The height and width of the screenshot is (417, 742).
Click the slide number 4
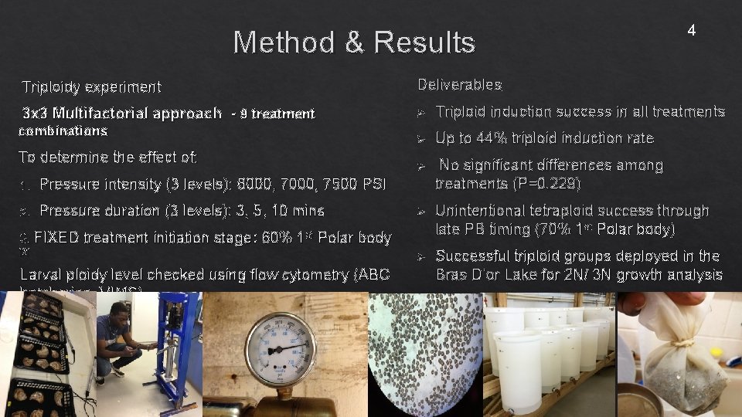click(x=691, y=31)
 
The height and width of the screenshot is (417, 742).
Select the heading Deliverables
click(x=459, y=84)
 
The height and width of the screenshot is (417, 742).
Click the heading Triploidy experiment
click(x=91, y=86)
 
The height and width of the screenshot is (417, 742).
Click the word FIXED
click(x=56, y=238)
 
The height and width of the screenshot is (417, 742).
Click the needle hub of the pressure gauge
click(x=280, y=350)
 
